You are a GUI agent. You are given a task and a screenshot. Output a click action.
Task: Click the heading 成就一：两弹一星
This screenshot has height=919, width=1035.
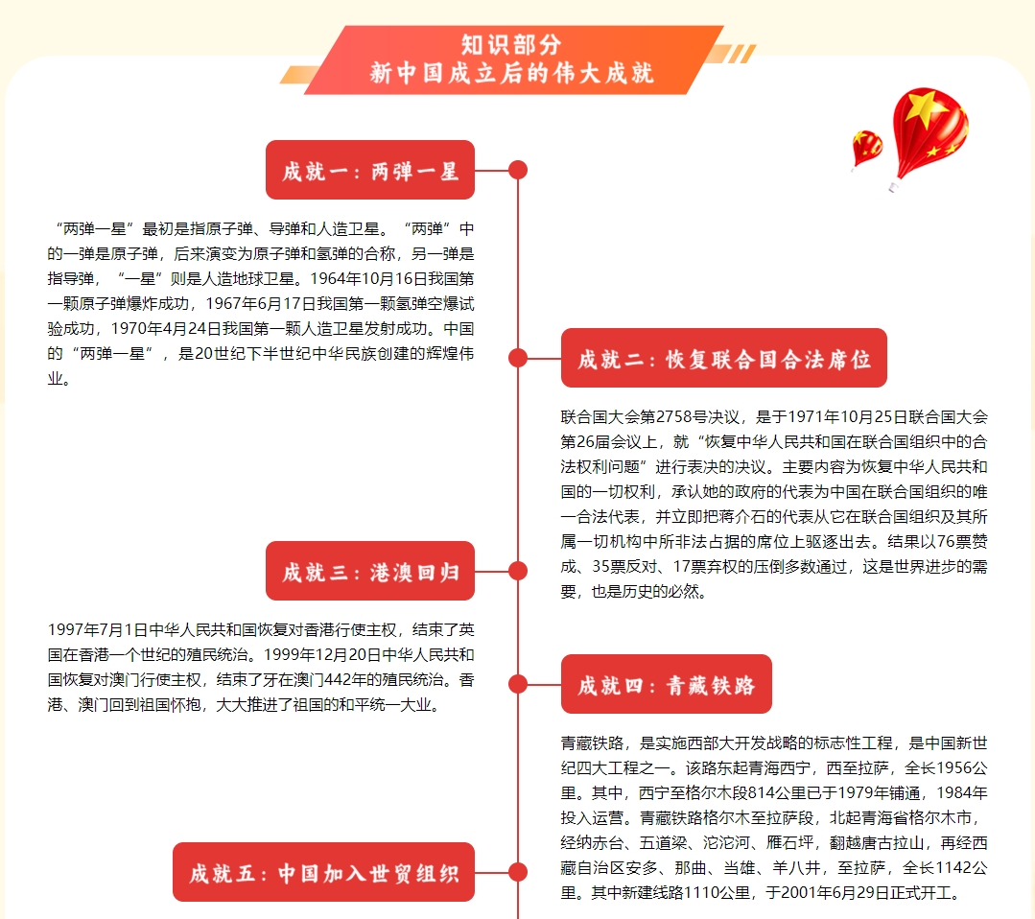point(370,170)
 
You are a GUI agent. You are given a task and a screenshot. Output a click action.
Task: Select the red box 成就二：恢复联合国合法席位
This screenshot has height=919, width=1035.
point(724,358)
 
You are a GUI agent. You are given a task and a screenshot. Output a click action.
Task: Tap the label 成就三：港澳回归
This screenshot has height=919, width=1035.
point(370,571)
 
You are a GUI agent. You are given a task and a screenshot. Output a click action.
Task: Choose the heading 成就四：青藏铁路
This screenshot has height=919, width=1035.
point(667,684)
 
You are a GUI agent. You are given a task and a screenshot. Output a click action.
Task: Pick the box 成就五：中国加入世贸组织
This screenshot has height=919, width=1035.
point(323,872)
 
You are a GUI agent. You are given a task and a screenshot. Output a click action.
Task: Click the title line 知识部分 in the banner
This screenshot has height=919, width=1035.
point(511,45)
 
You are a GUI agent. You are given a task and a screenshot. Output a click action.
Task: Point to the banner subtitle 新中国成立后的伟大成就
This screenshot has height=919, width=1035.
point(511,73)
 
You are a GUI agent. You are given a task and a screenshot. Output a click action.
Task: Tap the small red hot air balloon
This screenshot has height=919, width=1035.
point(867,150)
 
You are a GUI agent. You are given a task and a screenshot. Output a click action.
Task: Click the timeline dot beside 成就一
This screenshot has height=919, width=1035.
point(518,170)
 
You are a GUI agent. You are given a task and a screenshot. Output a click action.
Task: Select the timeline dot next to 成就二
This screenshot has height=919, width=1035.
point(518,358)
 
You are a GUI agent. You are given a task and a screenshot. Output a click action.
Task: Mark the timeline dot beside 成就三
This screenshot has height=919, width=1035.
point(518,571)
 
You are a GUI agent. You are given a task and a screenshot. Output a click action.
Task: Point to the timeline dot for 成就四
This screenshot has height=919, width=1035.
point(518,684)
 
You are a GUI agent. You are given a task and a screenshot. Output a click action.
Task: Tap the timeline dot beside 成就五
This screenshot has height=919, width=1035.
point(518,872)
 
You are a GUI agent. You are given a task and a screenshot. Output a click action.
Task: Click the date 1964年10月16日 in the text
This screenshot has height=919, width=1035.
point(368,278)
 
